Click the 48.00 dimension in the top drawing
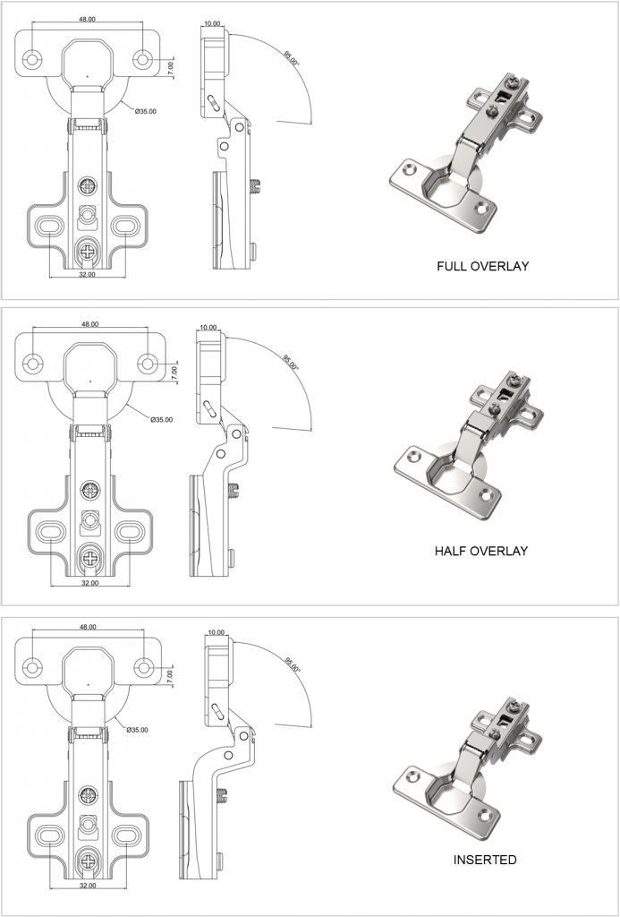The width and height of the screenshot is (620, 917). (x=87, y=18)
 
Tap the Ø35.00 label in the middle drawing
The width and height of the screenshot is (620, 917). (x=161, y=419)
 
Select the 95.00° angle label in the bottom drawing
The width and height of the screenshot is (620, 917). (x=293, y=667)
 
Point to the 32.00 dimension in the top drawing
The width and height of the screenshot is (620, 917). (x=87, y=274)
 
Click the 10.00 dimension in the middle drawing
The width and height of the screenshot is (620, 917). (x=208, y=328)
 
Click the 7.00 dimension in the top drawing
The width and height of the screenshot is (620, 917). (x=172, y=65)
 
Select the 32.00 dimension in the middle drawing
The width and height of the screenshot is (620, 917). (x=89, y=581)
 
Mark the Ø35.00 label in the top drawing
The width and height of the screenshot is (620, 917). (x=146, y=111)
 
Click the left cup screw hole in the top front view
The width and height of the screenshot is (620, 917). (x=32, y=59)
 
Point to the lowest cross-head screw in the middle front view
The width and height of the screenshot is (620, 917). (x=90, y=557)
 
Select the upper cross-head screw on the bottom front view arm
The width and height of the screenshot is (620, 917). (x=89, y=794)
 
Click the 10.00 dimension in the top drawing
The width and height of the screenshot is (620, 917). (x=212, y=24)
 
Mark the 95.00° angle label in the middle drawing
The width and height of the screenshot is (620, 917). (x=291, y=364)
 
